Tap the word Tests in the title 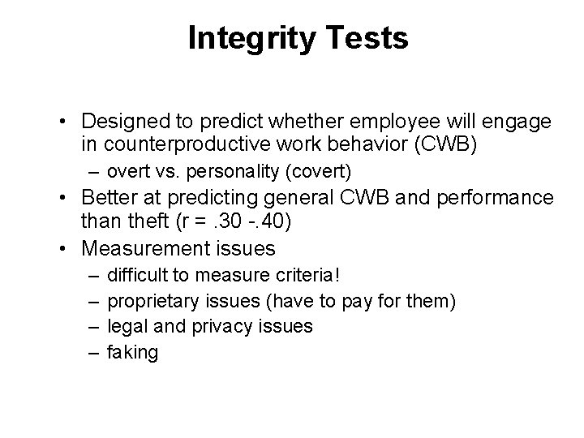click(367, 38)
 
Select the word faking click(133, 352)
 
